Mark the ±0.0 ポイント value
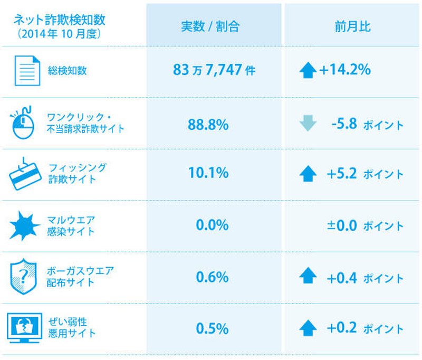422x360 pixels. [x=365, y=226]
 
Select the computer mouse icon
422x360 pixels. [x=24, y=122]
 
